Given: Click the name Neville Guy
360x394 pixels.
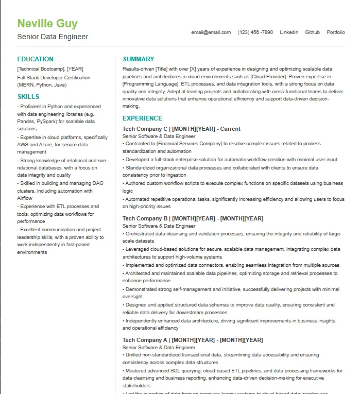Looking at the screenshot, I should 47,24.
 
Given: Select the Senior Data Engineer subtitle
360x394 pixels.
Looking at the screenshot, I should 53,37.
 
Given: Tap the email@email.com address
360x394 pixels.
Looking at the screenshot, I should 211,32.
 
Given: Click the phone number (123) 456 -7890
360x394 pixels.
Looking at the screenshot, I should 255,32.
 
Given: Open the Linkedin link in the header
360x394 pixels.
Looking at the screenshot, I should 289,32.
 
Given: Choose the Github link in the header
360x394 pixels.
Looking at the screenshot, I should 313,32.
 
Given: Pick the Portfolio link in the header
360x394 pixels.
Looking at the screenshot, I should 336,32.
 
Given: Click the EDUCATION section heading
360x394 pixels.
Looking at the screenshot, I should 36,59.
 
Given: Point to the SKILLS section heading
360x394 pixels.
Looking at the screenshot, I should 28,97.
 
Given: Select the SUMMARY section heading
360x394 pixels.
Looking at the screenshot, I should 139,59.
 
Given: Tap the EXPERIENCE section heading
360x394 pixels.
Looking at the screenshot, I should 142,118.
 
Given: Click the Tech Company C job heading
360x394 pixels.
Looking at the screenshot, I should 181,129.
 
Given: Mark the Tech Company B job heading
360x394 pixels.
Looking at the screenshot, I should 193,218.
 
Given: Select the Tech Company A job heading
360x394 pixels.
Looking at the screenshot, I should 193,340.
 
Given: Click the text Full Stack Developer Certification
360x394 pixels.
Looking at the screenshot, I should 54,78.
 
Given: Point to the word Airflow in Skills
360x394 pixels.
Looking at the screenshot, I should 25,198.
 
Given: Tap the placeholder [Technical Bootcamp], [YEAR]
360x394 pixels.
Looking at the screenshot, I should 50,68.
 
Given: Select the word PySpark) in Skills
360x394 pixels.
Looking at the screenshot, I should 46,122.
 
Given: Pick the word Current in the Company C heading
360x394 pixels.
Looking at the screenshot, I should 231,129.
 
